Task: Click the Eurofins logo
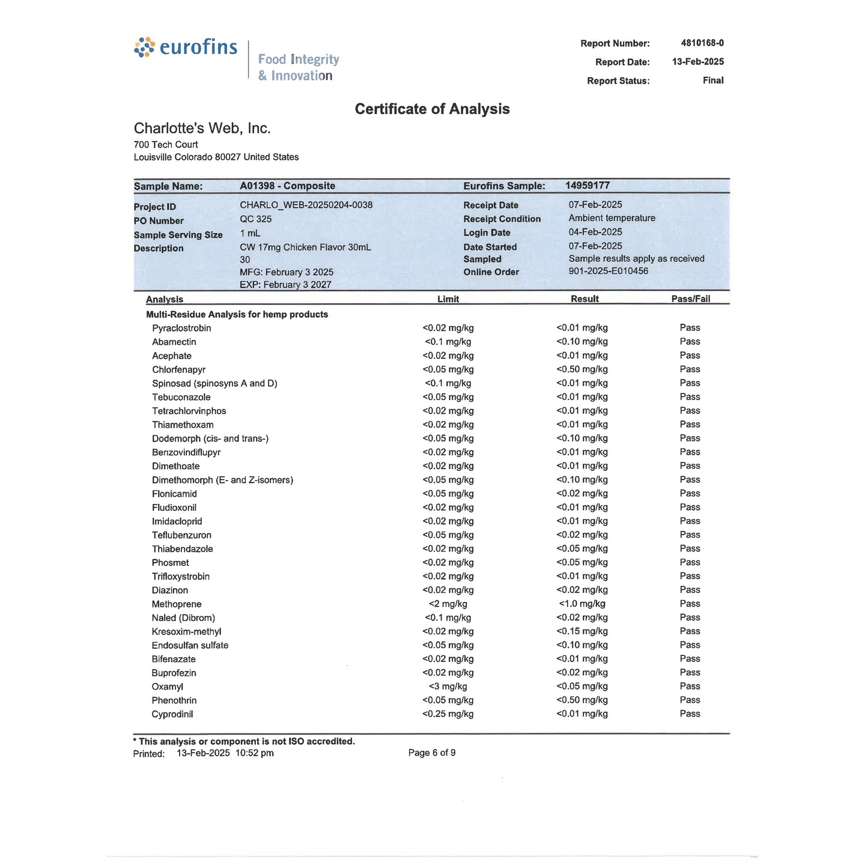click(x=186, y=47)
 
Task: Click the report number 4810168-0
click(x=702, y=43)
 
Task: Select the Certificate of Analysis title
click(x=432, y=109)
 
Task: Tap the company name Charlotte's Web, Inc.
click(x=202, y=129)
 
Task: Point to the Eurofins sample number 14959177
click(x=587, y=186)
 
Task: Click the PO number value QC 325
click(x=255, y=219)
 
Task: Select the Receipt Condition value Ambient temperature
click(x=612, y=218)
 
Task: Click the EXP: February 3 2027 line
click(x=285, y=285)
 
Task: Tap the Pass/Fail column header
click(x=690, y=299)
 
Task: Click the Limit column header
click(x=448, y=299)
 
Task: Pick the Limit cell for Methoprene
click(x=448, y=604)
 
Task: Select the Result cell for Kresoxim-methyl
click(x=581, y=631)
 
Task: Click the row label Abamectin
click(x=174, y=342)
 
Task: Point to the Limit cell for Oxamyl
click(x=448, y=687)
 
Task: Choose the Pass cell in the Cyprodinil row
click(x=690, y=714)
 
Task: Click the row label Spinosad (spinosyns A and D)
click(x=214, y=383)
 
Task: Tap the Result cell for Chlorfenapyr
click(x=581, y=369)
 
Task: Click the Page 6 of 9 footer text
click(x=431, y=753)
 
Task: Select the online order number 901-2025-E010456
click(x=608, y=271)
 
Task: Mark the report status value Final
click(x=712, y=80)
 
